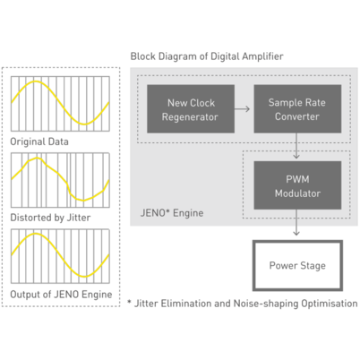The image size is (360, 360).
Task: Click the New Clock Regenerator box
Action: click(x=191, y=109)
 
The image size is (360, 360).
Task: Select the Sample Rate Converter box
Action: click(x=297, y=109)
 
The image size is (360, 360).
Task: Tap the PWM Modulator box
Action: click(x=297, y=185)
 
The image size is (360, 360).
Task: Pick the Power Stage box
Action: click(x=297, y=265)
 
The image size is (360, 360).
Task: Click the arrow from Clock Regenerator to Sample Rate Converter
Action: click(x=242, y=109)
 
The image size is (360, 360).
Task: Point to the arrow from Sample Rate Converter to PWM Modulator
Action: click(x=296, y=146)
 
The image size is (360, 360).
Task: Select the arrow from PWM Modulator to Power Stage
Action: click(x=296, y=222)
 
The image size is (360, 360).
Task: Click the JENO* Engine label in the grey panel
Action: click(x=172, y=213)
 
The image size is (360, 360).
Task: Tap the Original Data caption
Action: click(x=39, y=141)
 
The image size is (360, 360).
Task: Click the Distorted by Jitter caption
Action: click(x=50, y=218)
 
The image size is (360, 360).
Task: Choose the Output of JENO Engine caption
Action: click(x=61, y=295)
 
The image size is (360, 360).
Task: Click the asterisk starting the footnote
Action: click(x=129, y=302)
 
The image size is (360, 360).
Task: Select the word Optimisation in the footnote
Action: click(x=330, y=304)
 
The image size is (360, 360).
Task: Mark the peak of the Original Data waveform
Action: click(x=36, y=81)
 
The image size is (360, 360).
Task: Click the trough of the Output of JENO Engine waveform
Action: click(x=85, y=277)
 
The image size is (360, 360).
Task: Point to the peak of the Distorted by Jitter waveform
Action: click(x=37, y=159)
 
